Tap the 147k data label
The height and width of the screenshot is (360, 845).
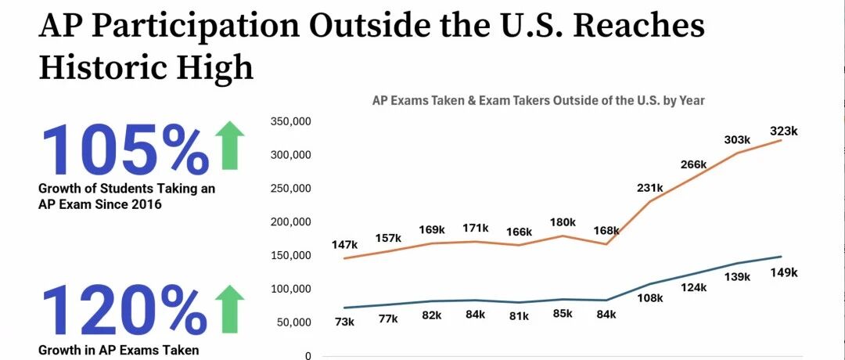pos(346,245)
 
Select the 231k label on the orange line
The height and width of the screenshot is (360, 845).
pos(649,188)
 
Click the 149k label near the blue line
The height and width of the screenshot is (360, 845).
pos(783,272)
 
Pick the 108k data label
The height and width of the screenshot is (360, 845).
pos(650,297)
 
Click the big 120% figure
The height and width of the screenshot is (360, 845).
pos(124,309)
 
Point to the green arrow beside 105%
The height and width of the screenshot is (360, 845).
pos(230,146)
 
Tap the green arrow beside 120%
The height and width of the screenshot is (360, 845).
pos(230,309)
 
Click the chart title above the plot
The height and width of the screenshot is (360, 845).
pos(538,100)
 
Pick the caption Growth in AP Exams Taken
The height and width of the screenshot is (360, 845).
pos(119,350)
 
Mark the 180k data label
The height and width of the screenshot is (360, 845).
pos(563,222)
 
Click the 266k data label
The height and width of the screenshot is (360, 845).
pos(693,164)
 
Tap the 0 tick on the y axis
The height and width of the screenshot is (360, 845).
pos(308,355)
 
